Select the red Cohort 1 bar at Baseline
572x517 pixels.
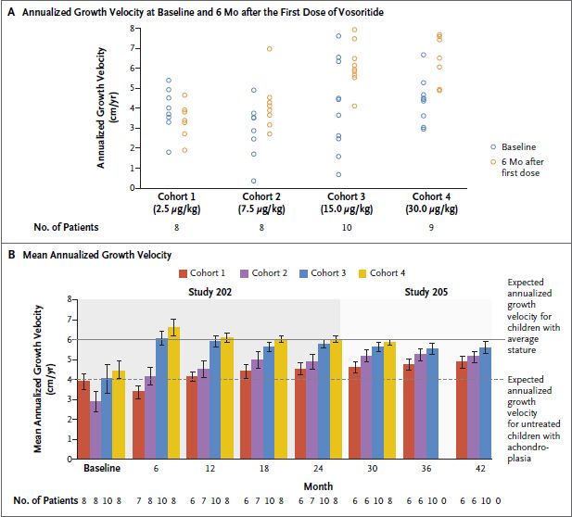(x=84, y=420)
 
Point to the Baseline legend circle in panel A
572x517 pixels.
(x=493, y=146)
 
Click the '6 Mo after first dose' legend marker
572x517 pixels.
(x=493, y=161)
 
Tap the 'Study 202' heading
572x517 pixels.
(x=205, y=291)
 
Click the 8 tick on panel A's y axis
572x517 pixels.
(x=133, y=27)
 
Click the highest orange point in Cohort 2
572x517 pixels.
(x=269, y=48)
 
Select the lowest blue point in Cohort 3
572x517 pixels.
(x=338, y=174)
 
